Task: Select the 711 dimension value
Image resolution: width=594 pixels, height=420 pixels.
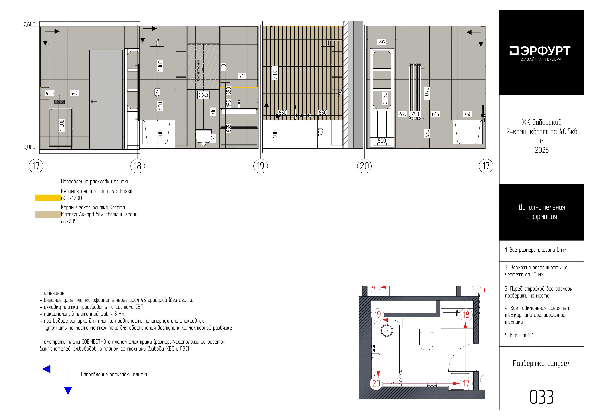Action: [242, 76]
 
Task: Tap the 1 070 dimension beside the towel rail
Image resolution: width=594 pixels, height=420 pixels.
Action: [427, 94]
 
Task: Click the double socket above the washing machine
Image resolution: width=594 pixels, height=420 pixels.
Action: [59, 102]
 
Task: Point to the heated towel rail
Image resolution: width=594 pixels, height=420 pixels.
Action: [415, 92]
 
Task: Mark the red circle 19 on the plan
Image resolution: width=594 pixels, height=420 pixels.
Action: [377, 315]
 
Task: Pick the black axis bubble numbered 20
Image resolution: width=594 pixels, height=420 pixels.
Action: [364, 166]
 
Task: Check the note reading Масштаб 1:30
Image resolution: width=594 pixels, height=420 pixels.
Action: [522, 335]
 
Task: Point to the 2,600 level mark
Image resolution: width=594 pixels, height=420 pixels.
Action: [29, 25]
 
